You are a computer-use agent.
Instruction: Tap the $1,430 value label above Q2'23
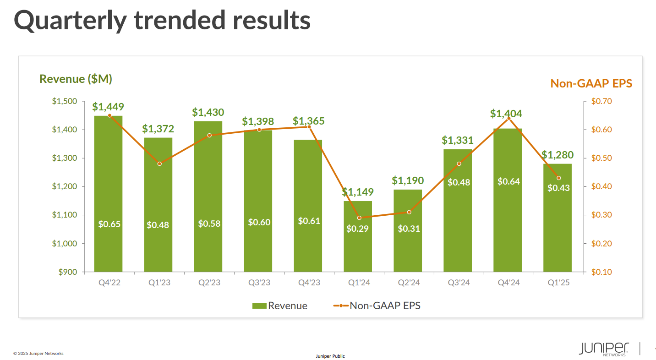(208, 112)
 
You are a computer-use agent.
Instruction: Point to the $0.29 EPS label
(357, 229)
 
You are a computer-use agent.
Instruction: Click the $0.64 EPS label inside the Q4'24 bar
(508, 181)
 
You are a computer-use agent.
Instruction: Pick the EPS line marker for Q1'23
(159, 164)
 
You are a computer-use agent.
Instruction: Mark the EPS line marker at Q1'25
(558, 178)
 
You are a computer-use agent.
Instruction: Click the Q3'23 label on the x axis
(259, 283)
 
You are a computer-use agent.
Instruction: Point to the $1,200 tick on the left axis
(65, 186)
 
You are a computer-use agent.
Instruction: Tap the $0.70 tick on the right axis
(601, 101)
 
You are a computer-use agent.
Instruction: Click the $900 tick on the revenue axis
(68, 272)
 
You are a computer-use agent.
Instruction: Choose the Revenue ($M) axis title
(76, 79)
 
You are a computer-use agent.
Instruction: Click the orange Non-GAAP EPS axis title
(591, 83)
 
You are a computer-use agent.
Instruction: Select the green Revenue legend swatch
(259, 306)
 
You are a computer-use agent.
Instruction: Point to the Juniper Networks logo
(604, 349)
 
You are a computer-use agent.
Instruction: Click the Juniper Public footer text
(330, 356)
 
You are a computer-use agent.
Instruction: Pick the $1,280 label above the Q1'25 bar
(557, 155)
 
